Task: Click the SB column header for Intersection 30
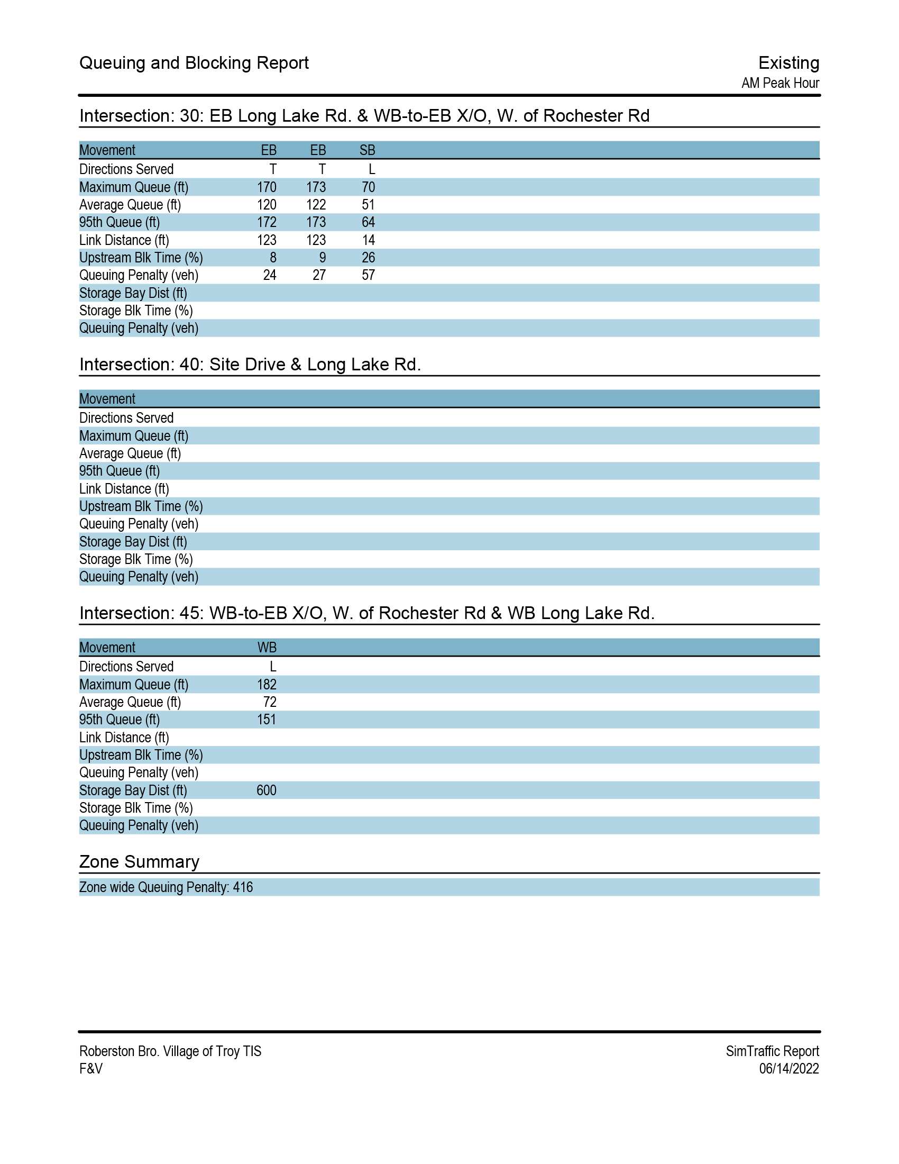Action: (367, 150)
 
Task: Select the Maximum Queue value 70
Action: (368, 187)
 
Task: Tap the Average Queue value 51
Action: (368, 205)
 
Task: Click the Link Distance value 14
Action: (369, 240)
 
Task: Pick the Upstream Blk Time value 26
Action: (368, 258)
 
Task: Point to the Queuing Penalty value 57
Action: (368, 275)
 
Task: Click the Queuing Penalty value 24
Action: (270, 275)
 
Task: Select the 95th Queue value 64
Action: (368, 222)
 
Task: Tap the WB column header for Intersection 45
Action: (267, 648)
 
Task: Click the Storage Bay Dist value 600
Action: (267, 790)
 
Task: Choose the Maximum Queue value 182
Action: (267, 684)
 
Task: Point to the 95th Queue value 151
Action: (267, 720)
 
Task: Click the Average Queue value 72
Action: (270, 702)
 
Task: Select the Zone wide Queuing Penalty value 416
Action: (243, 887)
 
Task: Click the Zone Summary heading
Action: (139, 862)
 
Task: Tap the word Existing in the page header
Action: (788, 63)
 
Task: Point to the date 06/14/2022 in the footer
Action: (789, 1069)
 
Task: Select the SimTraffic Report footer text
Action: (772, 1051)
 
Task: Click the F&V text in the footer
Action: (91, 1069)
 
